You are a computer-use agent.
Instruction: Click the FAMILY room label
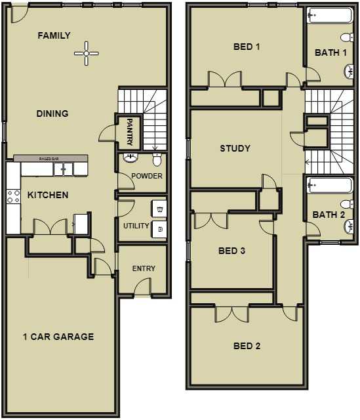point(54,35)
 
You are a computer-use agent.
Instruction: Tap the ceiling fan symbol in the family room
point(86,53)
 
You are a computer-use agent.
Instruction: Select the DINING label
point(52,114)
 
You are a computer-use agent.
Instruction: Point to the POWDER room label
point(147,176)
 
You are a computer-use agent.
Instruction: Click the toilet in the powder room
point(157,159)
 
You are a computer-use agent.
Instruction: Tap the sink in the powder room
point(130,158)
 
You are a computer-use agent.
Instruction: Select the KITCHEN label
point(48,195)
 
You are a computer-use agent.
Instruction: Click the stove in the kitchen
point(12,195)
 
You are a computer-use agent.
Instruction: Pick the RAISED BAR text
point(50,159)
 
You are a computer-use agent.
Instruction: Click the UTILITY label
point(136,226)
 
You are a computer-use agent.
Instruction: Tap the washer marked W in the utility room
point(160,209)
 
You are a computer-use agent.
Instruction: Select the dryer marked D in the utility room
point(160,228)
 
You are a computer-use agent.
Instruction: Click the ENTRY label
point(144,268)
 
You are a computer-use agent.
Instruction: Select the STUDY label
point(235,148)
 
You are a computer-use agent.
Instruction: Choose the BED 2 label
point(247,346)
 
